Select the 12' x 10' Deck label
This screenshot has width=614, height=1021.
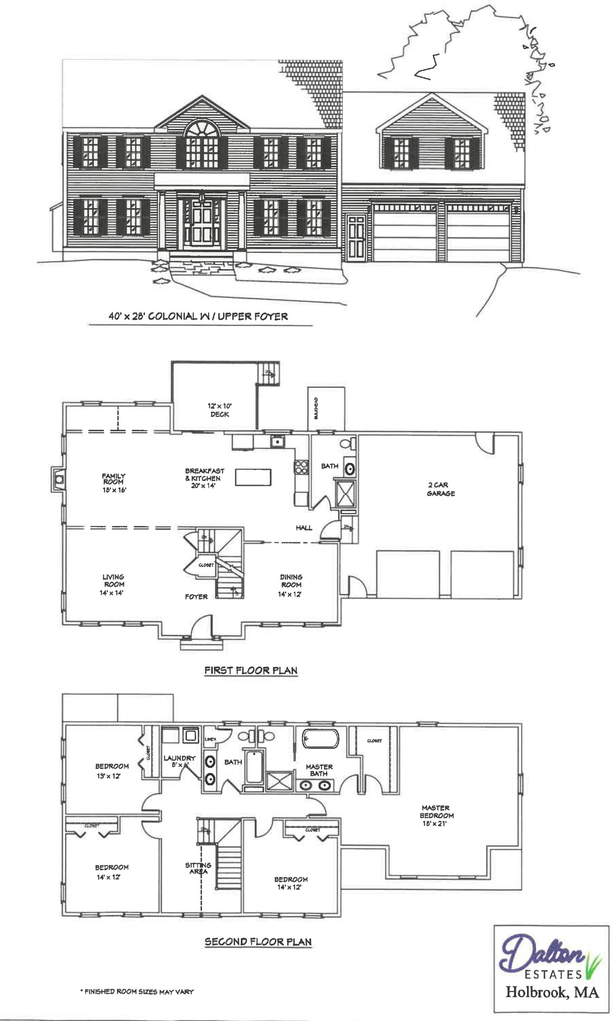coord(219,410)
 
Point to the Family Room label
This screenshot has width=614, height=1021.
coord(114,483)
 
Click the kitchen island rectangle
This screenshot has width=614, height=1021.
coord(253,477)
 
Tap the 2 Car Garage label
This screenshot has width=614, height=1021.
coord(441,489)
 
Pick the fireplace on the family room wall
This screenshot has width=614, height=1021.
coord(58,479)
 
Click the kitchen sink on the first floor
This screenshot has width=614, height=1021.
coord(277,442)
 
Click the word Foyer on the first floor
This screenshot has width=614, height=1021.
coord(196,596)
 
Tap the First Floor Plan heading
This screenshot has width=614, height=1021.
coord(251,670)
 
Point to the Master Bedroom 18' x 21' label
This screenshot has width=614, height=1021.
coord(437,815)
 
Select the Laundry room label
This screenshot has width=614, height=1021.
coord(179,761)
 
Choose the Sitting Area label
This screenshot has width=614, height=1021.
coord(198,868)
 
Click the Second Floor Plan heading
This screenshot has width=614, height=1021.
coord(258,942)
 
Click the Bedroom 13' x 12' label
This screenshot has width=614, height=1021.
coord(112,771)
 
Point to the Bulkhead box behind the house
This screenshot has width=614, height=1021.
coord(326,408)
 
